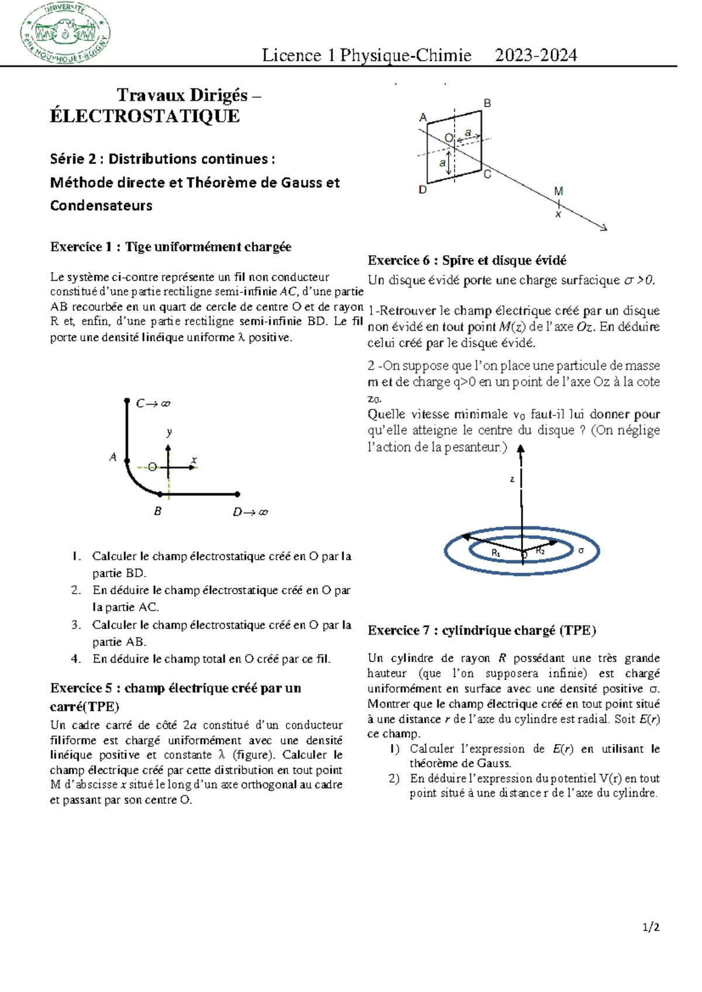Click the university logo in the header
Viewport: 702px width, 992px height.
(x=64, y=33)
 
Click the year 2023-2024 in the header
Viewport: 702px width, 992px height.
(x=535, y=55)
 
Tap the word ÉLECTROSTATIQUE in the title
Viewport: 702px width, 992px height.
(x=144, y=116)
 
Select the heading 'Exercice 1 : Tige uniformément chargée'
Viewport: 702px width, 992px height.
(x=170, y=247)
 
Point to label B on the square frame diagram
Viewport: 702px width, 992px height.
(x=487, y=104)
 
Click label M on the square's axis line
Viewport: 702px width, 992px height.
(x=558, y=191)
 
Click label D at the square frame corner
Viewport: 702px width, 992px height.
(x=422, y=190)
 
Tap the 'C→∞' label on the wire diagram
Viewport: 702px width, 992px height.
(x=153, y=404)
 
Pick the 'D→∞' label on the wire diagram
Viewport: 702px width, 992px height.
(x=250, y=512)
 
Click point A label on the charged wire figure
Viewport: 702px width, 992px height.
(x=113, y=457)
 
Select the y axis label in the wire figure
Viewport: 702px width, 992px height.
(x=169, y=432)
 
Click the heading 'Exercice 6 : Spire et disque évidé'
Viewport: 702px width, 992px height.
(x=466, y=260)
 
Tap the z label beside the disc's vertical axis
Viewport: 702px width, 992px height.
(x=512, y=480)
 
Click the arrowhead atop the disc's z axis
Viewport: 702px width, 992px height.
(x=521, y=449)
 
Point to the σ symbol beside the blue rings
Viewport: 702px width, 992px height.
(x=581, y=550)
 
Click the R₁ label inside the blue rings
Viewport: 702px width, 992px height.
(x=495, y=553)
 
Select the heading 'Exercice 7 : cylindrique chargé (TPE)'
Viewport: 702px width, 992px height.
(x=481, y=631)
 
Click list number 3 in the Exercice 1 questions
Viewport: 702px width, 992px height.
(x=76, y=625)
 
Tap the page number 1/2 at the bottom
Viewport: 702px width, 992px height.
(x=651, y=927)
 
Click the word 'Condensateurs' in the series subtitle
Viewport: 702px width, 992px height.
(x=101, y=206)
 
